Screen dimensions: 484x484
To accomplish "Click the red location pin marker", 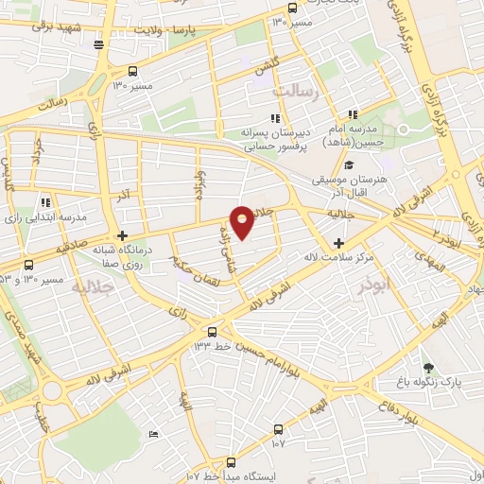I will pyautogui.click(x=243, y=221).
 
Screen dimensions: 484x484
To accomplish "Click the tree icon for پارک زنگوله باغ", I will pyautogui.click(x=428, y=368).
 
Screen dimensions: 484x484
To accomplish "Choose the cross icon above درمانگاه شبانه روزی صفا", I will pyautogui.click(x=122, y=236).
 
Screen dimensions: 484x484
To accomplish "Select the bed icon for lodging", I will pyautogui.click(x=154, y=434).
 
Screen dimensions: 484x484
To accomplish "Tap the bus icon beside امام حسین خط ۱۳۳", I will pyautogui.click(x=212, y=332).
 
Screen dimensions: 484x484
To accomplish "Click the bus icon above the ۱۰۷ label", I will pyautogui.click(x=277, y=426).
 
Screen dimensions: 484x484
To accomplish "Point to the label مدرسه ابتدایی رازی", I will pyautogui.click(x=46, y=216).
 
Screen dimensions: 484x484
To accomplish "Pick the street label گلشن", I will pyautogui.click(x=266, y=65).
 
